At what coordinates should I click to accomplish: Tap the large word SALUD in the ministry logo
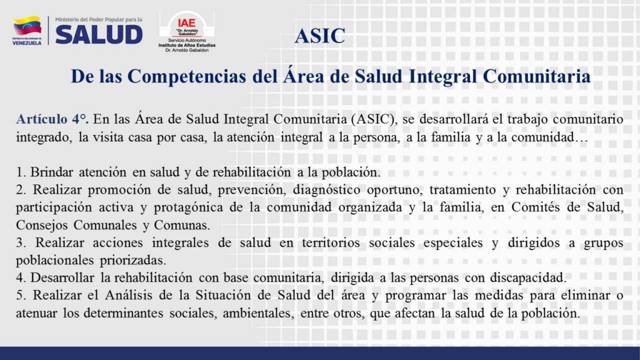click(x=99, y=34)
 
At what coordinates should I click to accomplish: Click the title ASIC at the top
click(x=319, y=36)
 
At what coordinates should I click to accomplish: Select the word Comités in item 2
click(x=549, y=207)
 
